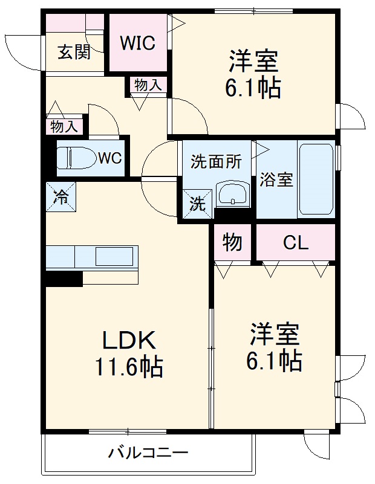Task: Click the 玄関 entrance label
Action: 74,53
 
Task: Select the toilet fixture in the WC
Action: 76,158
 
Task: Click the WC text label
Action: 110,158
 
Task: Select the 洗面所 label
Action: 216,162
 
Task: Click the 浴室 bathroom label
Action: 276,179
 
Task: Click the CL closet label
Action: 296,243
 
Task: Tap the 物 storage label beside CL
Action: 232,243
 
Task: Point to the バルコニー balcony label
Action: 149,453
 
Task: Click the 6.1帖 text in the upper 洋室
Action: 253,89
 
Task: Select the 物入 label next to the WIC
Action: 148,86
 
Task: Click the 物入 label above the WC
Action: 64,127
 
